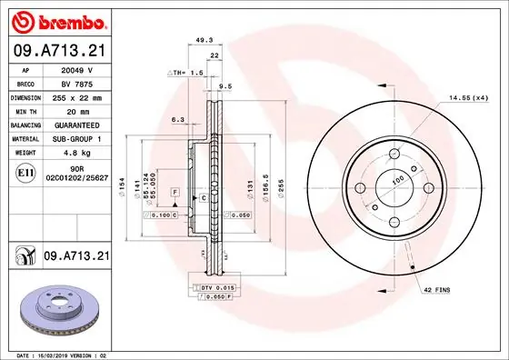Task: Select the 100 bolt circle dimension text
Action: pos(396,181)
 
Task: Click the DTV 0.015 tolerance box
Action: pos(211,287)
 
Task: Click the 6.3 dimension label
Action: pos(177,119)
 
